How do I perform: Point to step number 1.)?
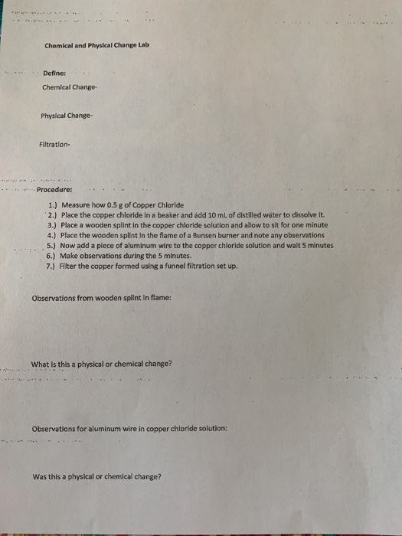53,206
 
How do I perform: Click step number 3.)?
53,227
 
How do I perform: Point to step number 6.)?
53,257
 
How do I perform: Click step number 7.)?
53,266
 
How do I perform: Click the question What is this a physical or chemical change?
102,363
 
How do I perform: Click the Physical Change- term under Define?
67,116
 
